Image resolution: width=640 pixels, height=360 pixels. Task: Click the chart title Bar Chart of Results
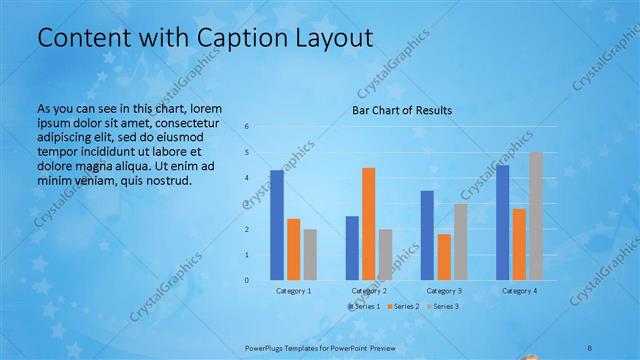pos(401,110)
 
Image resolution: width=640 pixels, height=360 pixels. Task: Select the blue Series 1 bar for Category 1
pos(277,225)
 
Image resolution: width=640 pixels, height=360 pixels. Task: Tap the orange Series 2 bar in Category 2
pos(368,224)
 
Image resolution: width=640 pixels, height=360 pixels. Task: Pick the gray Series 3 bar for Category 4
pos(535,216)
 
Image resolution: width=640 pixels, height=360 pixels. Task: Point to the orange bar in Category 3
pos(443,257)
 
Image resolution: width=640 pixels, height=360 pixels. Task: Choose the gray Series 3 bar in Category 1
pos(310,254)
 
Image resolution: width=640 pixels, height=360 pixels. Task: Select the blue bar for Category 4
pos(502,222)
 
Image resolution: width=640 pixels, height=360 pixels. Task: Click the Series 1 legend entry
pos(364,305)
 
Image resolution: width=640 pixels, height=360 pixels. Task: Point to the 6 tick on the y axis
pos(247,127)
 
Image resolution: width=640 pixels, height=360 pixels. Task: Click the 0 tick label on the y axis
pos(247,280)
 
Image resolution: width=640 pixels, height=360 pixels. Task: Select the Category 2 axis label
pos(369,290)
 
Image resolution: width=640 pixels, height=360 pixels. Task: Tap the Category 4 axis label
pos(519,290)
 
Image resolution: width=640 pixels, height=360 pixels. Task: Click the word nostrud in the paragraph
pos(167,181)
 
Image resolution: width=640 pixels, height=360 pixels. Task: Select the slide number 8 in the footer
pos(589,347)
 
